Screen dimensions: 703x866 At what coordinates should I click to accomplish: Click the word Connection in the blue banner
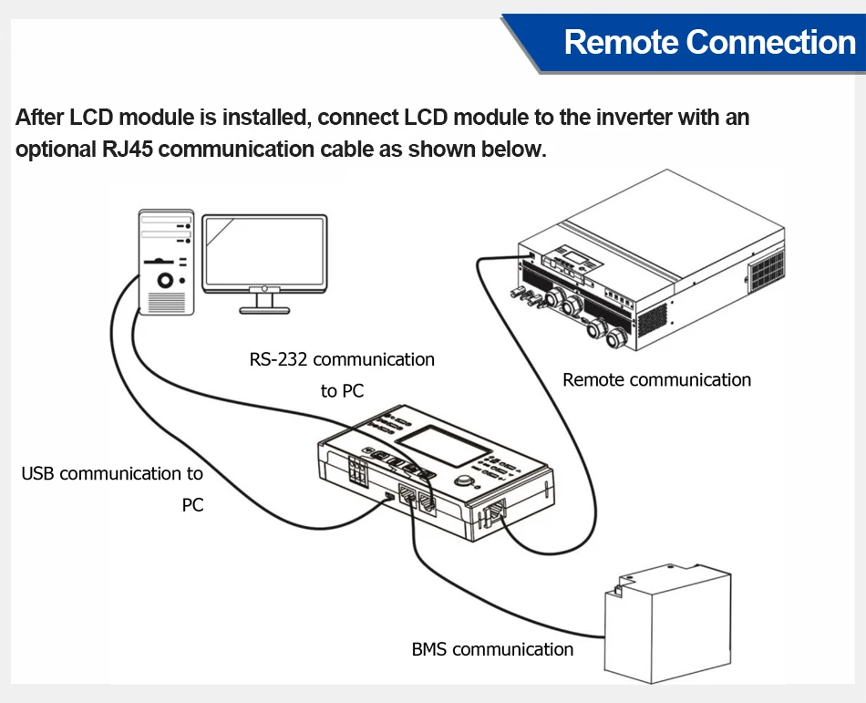click(770, 42)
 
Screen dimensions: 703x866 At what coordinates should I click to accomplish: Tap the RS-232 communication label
click(342, 359)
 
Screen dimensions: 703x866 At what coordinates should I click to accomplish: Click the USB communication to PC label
click(112, 474)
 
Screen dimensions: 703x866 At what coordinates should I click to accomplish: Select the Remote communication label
click(656, 379)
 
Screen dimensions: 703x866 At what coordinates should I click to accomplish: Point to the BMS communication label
click(492, 649)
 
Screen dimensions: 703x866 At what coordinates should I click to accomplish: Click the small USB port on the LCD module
click(389, 497)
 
